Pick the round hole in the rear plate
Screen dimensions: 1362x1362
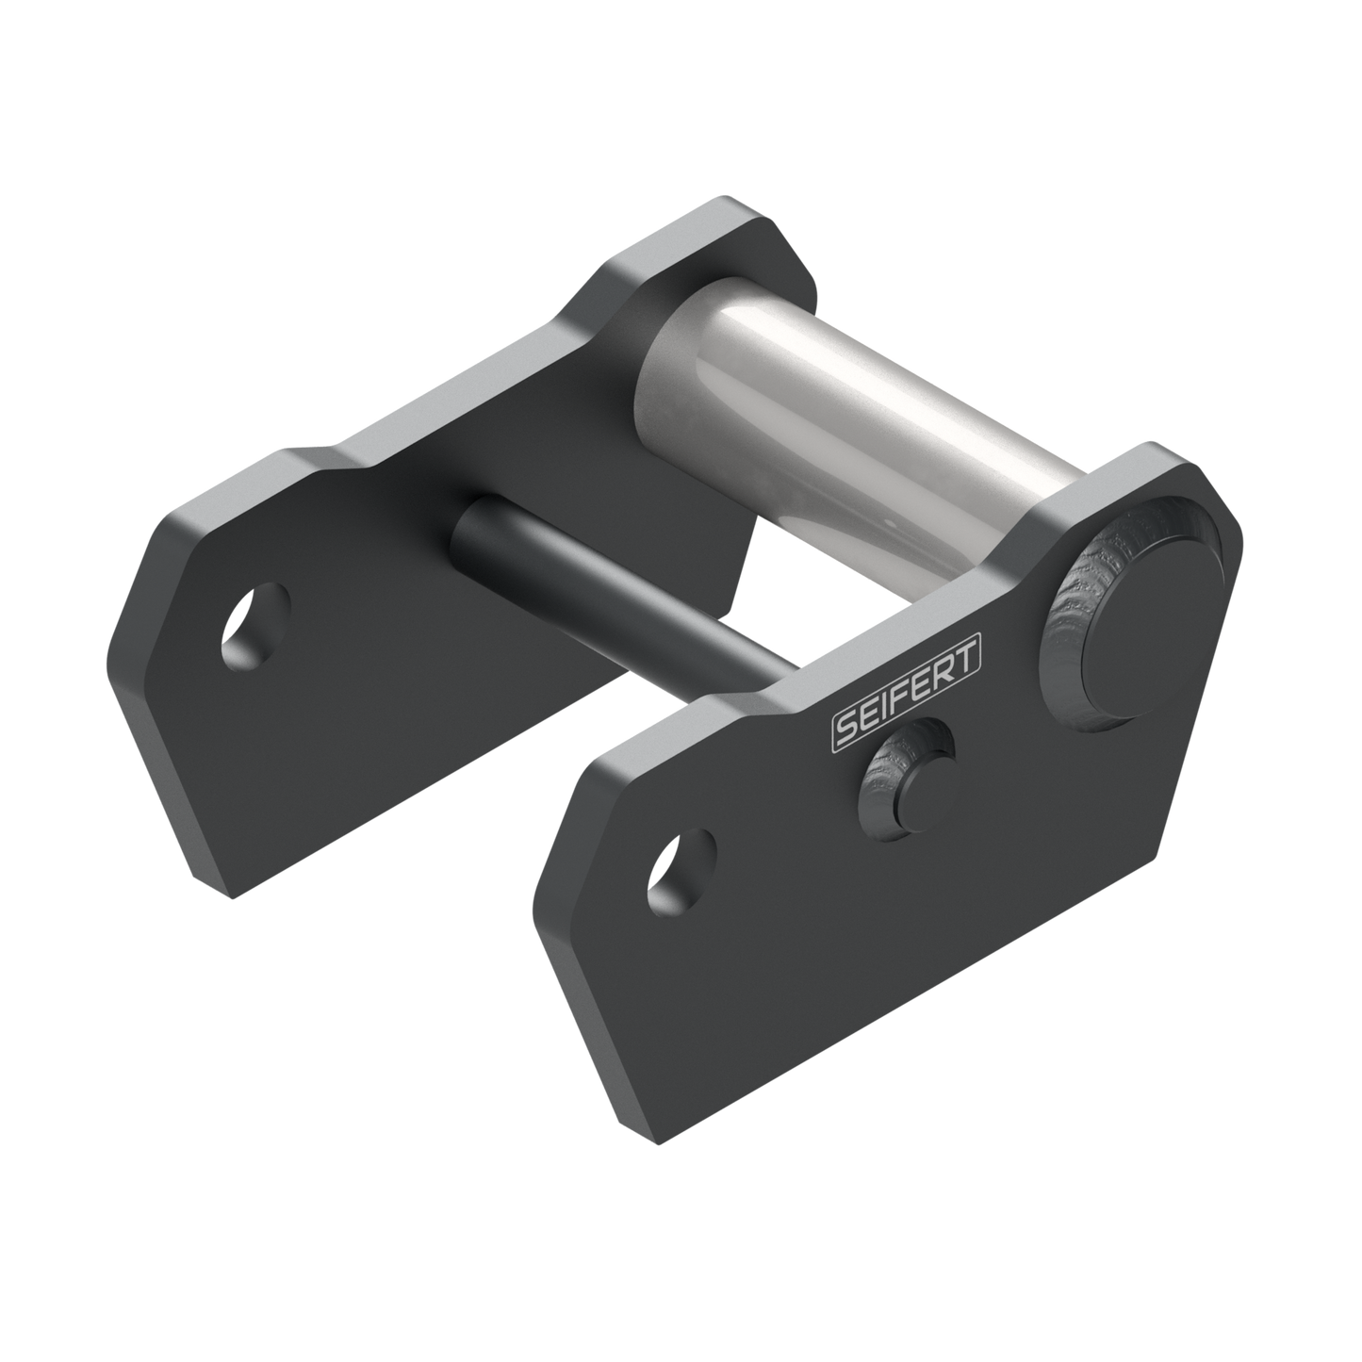[x=255, y=626]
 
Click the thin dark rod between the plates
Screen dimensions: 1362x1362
[x=622, y=594]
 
